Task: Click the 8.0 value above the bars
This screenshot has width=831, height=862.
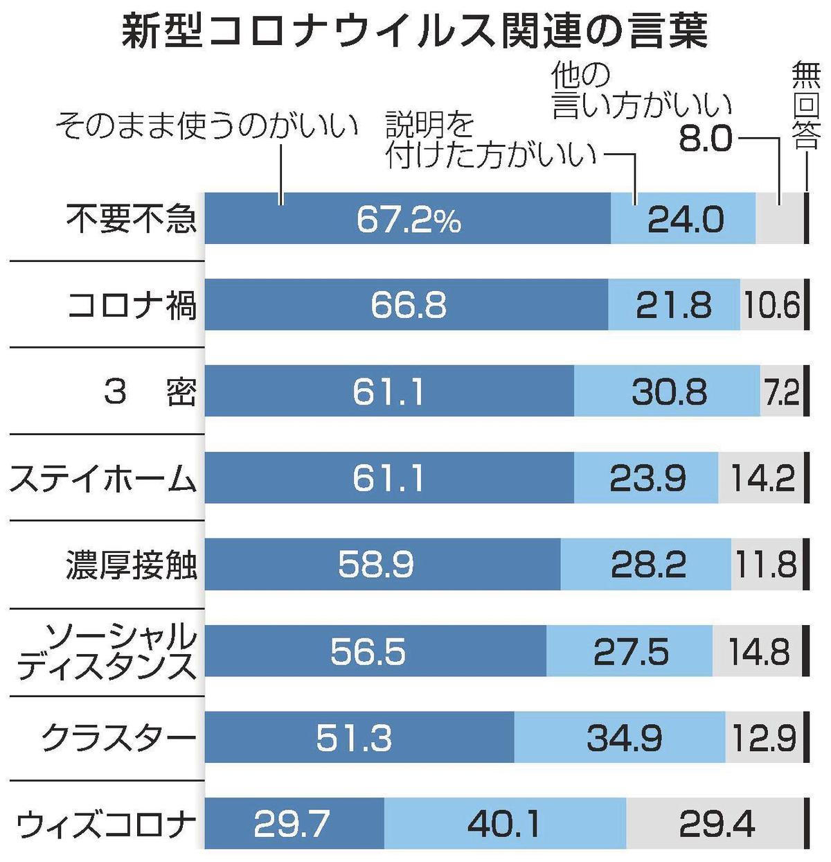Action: [x=705, y=139]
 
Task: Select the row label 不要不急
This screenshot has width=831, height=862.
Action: [x=132, y=219]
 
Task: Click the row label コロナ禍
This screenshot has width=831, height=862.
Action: [x=132, y=306]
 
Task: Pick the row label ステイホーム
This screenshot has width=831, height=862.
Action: [x=102, y=479]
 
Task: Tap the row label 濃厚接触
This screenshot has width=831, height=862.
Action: [x=132, y=565]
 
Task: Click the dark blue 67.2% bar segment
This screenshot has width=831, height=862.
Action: [x=408, y=219]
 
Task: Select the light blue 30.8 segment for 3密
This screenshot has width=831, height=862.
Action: [x=667, y=392]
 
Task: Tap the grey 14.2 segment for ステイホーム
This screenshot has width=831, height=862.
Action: [x=761, y=479]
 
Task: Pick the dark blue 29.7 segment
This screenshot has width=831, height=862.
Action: [x=294, y=824]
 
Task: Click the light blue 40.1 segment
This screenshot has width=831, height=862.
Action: [x=505, y=824]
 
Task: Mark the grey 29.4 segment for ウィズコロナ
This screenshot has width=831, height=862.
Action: [x=715, y=824]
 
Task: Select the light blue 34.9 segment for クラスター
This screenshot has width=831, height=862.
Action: [x=620, y=738]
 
